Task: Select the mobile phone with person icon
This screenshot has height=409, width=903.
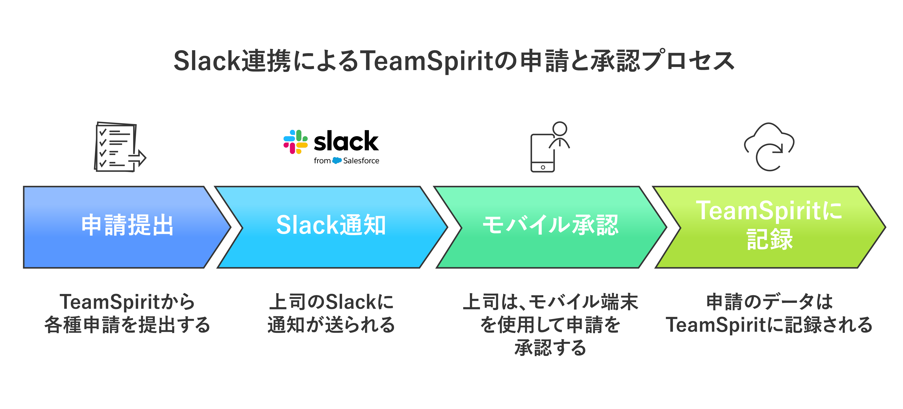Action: tap(549, 147)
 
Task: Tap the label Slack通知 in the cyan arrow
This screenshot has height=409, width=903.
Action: tap(331, 225)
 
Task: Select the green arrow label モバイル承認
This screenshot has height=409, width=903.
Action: tap(550, 225)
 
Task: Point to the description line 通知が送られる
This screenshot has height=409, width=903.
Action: tap(331, 325)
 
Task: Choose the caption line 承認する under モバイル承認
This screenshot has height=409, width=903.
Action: tap(550, 348)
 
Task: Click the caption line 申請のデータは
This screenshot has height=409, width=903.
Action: tap(769, 302)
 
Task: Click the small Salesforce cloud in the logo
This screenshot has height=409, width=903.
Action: tap(337, 161)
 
